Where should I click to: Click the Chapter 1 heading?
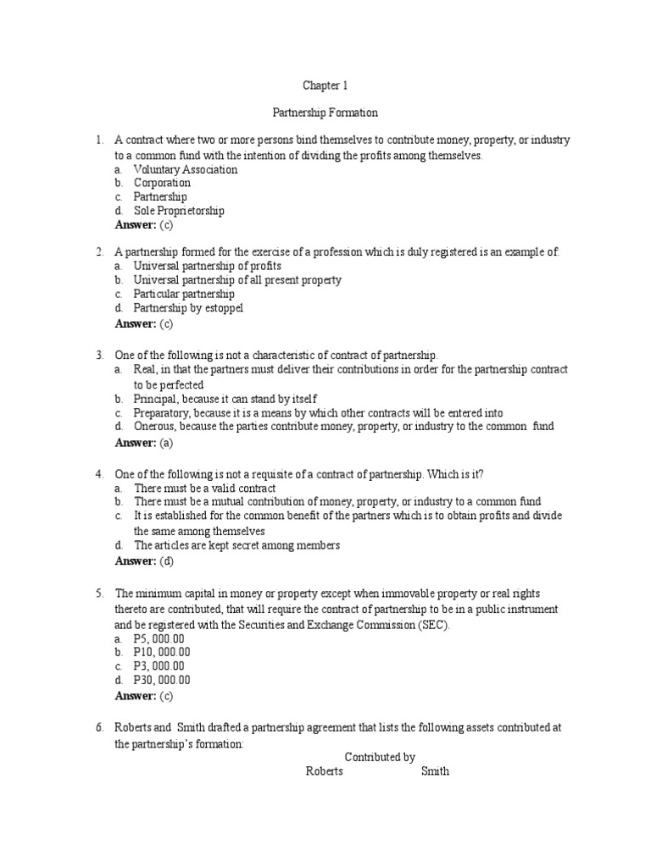pyautogui.click(x=325, y=86)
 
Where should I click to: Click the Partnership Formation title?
pyautogui.click(x=325, y=112)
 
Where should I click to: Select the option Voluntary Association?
pyautogui.click(x=186, y=169)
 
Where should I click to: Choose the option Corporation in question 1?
pyautogui.click(x=162, y=183)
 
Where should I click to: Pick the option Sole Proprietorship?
pyautogui.click(x=179, y=211)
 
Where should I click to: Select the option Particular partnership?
pyautogui.click(x=184, y=294)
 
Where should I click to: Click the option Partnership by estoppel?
pyautogui.click(x=188, y=308)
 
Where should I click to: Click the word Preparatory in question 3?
pyautogui.click(x=161, y=412)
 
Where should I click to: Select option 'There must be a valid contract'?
pyautogui.click(x=204, y=489)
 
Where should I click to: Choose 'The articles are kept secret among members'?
pyautogui.click(x=236, y=545)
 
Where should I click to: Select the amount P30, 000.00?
pyautogui.click(x=162, y=680)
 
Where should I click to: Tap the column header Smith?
pyautogui.click(x=435, y=771)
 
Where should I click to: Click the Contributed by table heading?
pyautogui.click(x=380, y=757)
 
